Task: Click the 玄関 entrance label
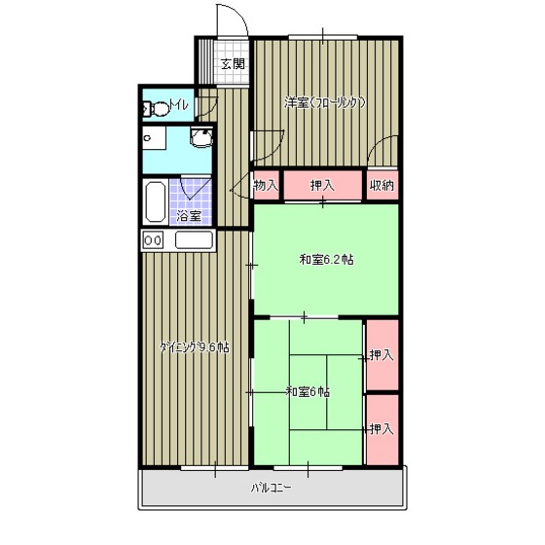point(234,64)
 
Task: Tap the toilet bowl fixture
point(156,108)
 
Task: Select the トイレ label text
point(179,104)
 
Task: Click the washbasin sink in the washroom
point(201,137)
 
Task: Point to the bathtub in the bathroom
point(156,201)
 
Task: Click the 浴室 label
point(189,216)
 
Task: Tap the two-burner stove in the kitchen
point(153,239)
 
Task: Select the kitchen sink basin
point(194,239)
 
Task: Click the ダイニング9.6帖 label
point(195,347)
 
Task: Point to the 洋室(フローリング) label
point(325,103)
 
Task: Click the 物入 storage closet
point(267,185)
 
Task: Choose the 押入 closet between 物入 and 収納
point(323,185)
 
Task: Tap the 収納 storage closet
point(382,185)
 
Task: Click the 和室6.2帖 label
point(327,260)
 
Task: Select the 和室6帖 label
point(308,392)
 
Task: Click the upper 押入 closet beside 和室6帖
point(382,355)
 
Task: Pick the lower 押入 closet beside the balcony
point(382,429)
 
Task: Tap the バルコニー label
point(272,488)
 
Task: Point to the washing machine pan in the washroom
point(154,138)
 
